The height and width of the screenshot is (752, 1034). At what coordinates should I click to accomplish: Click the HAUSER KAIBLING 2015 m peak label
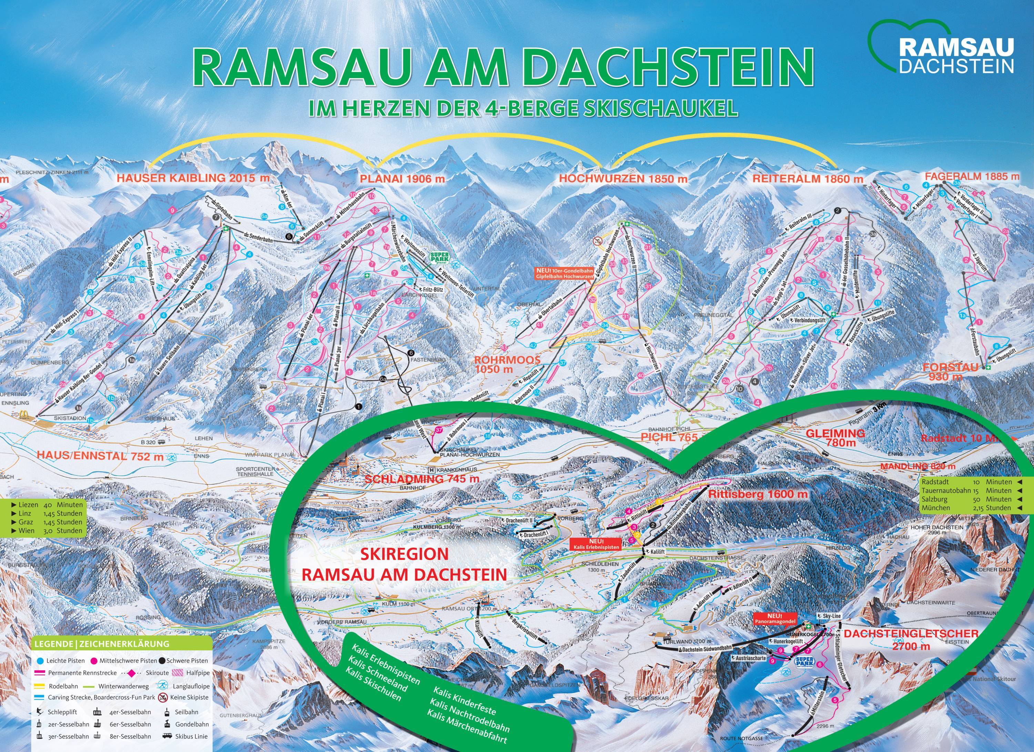click(193, 178)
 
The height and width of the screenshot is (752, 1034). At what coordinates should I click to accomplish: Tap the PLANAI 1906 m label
click(402, 179)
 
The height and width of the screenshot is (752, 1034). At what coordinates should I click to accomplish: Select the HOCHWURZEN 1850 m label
click(623, 179)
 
